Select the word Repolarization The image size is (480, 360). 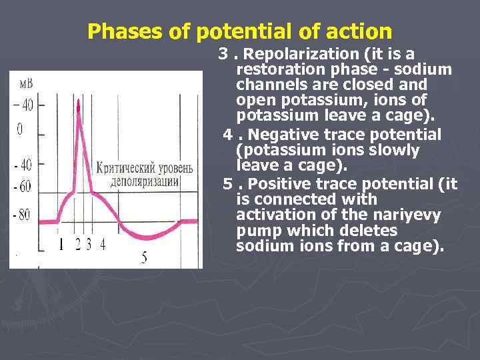click(296, 54)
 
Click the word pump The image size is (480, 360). click(257, 231)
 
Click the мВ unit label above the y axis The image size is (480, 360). click(25, 83)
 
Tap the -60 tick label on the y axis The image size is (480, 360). click(23, 187)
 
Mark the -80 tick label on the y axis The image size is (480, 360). click(23, 215)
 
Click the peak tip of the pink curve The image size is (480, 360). click(80, 101)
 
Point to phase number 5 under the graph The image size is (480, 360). click(144, 257)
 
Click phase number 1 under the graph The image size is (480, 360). click(61, 244)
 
